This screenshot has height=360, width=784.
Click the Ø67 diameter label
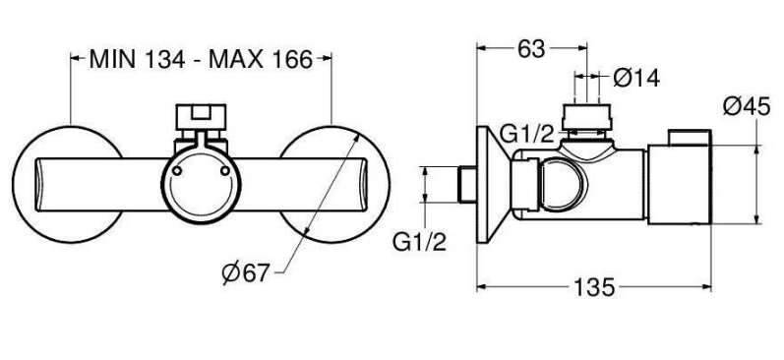246,273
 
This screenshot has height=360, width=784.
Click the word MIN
112,60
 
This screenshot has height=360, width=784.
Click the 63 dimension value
530,49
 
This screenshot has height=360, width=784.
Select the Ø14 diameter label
636,78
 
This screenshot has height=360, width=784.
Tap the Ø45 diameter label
747,106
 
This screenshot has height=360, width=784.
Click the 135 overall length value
593,287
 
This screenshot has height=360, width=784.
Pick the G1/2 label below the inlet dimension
419,243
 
